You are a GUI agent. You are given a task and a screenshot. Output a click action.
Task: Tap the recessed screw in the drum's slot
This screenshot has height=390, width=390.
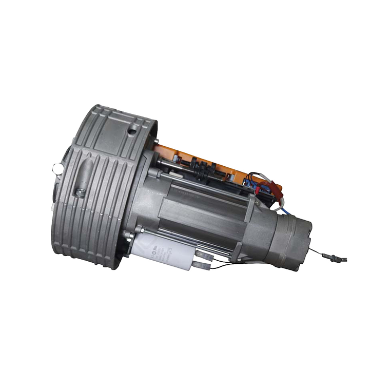pyautogui.click(x=80, y=192)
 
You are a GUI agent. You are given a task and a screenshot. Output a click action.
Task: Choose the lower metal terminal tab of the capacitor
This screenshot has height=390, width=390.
pyautogui.click(x=202, y=266)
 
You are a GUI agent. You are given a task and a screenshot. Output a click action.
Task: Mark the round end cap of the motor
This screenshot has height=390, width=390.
pyautogui.click(x=292, y=241)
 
